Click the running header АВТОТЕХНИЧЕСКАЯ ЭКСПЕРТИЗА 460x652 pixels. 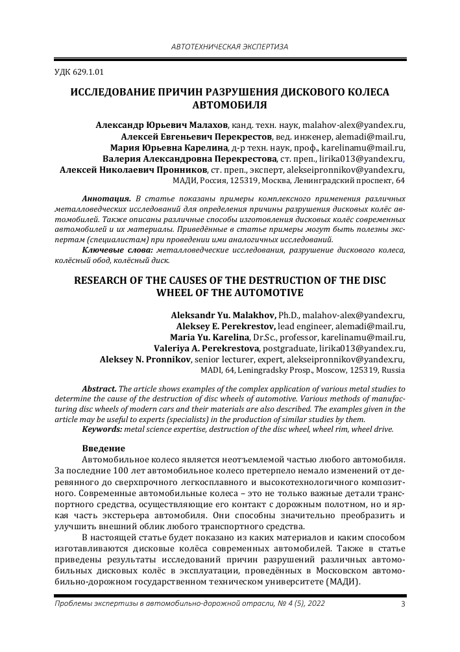coord(229,47)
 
